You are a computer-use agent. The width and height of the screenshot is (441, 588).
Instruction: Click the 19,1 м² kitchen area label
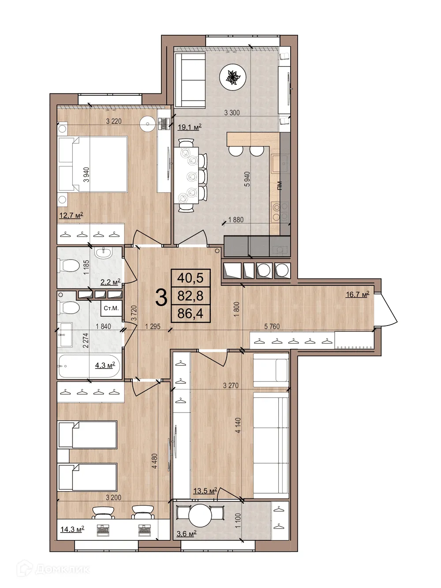189,127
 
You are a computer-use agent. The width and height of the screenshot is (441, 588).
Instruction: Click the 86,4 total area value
190,314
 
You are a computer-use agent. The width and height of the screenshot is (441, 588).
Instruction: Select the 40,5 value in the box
190,278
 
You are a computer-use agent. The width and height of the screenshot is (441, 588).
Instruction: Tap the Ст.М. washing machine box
111,308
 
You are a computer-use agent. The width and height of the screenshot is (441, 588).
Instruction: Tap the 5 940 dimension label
247,179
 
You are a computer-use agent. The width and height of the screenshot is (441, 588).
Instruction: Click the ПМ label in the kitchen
280,185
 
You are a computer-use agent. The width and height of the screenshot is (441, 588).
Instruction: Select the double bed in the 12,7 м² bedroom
93,164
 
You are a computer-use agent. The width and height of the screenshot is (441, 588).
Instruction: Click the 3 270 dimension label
231,385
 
